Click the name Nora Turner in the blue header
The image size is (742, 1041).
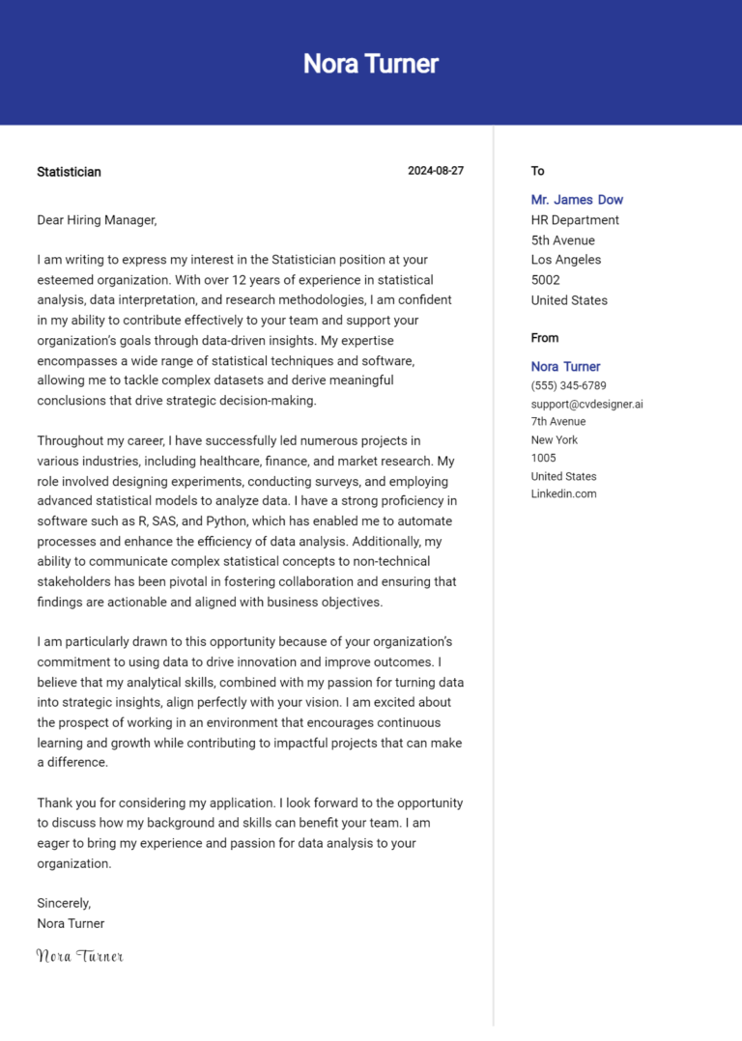click(371, 64)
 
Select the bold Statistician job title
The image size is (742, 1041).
click(69, 172)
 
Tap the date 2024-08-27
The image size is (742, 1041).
click(436, 171)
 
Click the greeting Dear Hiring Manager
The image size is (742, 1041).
click(97, 220)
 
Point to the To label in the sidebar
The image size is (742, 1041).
click(537, 171)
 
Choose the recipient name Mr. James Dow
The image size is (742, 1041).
click(577, 200)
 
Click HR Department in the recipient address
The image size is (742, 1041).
click(575, 220)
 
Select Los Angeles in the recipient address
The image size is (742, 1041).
click(565, 260)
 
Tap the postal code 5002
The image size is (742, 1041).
click(545, 280)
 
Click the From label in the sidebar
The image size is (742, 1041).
click(545, 338)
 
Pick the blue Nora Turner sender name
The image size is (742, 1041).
click(565, 367)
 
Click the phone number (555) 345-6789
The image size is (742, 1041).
click(568, 386)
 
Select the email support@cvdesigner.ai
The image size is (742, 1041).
click(586, 405)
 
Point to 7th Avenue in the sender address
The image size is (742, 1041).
click(558, 422)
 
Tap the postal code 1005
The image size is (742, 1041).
click(544, 458)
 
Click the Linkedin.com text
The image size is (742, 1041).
click(563, 493)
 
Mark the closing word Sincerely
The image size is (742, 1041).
click(64, 903)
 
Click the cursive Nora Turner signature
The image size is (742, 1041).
click(80, 956)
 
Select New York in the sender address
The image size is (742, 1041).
click(554, 440)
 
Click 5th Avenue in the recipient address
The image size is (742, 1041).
click(562, 240)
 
